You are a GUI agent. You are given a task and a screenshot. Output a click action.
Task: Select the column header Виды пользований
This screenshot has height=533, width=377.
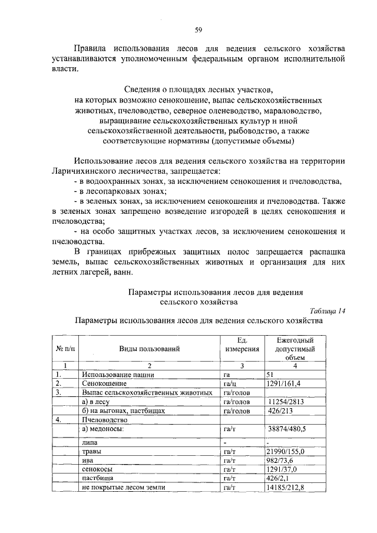pos(150,349)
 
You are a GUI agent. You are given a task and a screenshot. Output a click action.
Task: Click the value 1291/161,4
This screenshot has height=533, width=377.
pos(284,383)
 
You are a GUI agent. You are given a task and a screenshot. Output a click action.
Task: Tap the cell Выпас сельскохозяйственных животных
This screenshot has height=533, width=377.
pos(147,392)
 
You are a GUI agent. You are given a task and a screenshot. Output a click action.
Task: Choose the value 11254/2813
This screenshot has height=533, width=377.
pos(287,401)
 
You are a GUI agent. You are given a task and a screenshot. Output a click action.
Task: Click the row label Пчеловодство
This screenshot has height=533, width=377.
pos(104,419)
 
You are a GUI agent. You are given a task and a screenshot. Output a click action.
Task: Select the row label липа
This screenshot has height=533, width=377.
pos(90,441)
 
